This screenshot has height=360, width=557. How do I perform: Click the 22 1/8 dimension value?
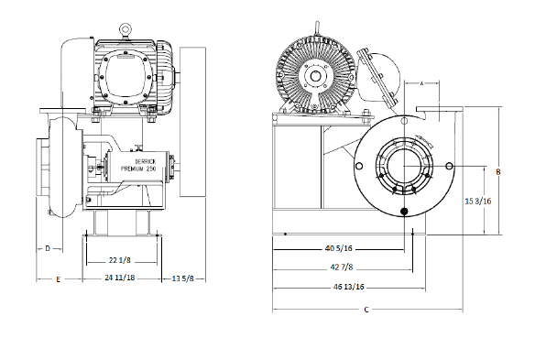click(x=120, y=260)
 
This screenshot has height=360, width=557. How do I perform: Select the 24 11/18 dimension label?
click(x=120, y=278)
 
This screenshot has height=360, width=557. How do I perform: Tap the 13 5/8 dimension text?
click(x=183, y=278)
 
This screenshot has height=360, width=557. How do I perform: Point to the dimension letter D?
click(x=48, y=248)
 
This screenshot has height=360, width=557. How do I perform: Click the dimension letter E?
click(x=59, y=279)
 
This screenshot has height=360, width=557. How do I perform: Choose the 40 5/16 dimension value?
click(x=339, y=248)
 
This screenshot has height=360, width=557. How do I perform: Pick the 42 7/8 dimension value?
click(x=342, y=267)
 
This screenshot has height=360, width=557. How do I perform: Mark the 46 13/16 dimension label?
click(x=349, y=287)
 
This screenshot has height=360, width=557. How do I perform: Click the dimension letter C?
click(x=366, y=310)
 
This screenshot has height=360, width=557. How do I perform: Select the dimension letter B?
click(x=498, y=172)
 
